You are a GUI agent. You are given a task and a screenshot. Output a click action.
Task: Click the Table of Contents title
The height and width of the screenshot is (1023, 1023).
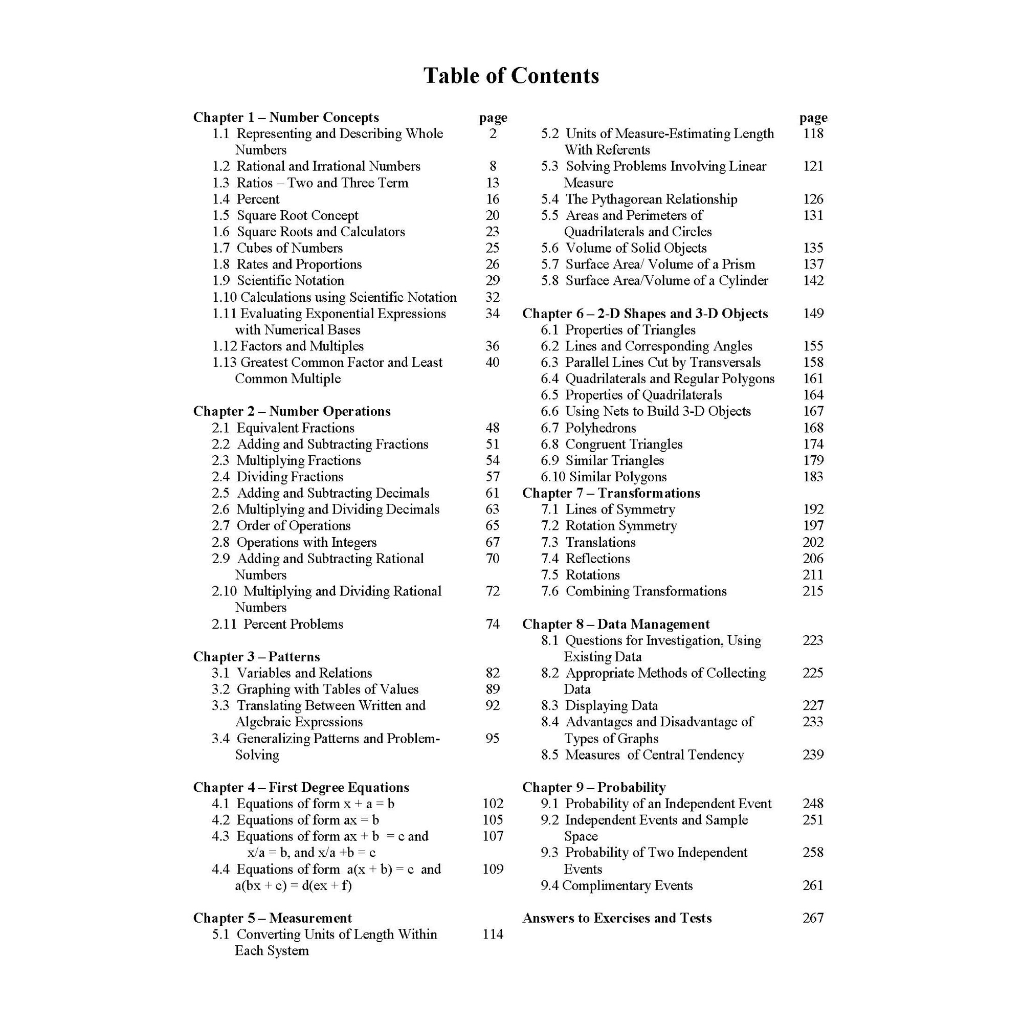pos(511,76)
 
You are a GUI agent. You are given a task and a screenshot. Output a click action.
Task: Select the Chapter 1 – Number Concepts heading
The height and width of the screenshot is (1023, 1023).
pos(286,117)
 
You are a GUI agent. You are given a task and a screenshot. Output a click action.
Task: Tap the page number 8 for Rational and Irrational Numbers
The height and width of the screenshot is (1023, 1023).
pos(493,166)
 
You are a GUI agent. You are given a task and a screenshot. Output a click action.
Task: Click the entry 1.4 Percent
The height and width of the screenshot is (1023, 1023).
pos(246,199)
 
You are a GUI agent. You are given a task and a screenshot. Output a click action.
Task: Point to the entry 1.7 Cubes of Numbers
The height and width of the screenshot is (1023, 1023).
pos(277,248)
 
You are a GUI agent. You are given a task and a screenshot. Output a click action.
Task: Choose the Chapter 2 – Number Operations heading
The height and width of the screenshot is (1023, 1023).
pos(292,411)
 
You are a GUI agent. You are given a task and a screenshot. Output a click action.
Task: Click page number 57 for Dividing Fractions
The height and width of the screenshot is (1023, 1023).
pos(493,477)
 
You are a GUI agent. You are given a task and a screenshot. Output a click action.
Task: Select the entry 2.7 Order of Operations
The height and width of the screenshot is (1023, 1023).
pos(281,526)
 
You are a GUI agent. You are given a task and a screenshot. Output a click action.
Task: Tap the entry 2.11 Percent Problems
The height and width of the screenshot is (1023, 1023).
pos(277,624)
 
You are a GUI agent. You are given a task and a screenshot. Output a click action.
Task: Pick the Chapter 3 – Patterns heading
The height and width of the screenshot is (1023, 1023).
pos(256,657)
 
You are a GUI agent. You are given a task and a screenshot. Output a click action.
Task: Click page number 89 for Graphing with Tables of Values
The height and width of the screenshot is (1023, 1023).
pos(493,689)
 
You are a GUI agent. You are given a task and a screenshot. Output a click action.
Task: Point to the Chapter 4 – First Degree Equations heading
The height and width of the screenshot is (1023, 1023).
pos(301,787)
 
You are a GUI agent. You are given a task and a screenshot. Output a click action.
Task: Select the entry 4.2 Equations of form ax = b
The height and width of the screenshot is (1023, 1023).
pos(296,819)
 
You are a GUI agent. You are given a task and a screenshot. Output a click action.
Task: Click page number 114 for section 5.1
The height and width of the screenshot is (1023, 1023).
pos(493,934)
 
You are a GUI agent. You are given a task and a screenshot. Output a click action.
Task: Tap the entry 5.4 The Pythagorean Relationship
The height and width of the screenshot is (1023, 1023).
pos(639,199)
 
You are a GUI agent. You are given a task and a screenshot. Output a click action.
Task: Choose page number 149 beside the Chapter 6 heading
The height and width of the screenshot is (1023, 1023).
pos(813,314)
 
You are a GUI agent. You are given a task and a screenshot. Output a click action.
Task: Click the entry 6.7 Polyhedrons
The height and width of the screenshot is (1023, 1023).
pos(588,428)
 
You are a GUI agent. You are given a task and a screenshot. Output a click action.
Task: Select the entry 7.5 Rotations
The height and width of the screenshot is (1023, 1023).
pos(580,575)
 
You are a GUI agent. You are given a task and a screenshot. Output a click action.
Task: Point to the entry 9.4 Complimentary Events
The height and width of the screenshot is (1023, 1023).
pos(616,885)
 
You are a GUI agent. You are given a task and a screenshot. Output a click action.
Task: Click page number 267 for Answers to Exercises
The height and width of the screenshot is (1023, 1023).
pos(813,918)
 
